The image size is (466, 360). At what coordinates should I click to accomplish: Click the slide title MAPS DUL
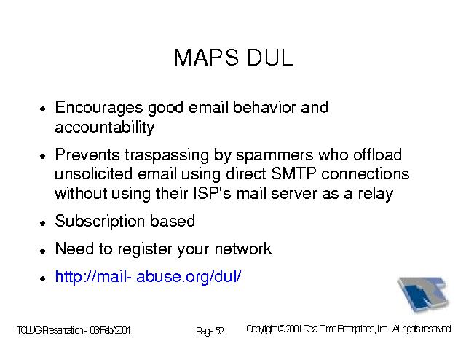(x=234, y=58)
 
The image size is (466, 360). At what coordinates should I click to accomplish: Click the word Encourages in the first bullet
(x=99, y=108)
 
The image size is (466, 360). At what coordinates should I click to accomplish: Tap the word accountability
(x=105, y=128)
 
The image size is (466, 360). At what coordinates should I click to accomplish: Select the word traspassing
(x=167, y=156)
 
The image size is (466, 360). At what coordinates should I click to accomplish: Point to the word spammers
(x=275, y=155)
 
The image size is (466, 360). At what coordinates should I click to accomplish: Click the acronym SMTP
(x=293, y=173)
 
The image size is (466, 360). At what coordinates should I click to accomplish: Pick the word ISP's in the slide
(x=212, y=193)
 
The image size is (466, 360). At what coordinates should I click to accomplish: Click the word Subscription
(x=100, y=222)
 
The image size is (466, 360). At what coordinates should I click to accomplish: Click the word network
(x=242, y=249)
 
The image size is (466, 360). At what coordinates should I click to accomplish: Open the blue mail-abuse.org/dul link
(x=148, y=277)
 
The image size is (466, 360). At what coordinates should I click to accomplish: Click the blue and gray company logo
(x=423, y=294)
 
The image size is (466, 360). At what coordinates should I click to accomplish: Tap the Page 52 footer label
(x=210, y=331)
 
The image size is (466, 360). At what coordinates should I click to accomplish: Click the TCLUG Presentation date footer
(x=74, y=330)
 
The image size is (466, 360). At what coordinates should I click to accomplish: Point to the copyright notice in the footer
(x=349, y=329)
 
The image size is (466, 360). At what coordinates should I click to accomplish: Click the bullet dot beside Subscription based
(x=43, y=223)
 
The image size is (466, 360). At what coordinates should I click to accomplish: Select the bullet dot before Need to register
(x=43, y=251)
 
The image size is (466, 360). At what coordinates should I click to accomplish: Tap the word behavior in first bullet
(x=264, y=107)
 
